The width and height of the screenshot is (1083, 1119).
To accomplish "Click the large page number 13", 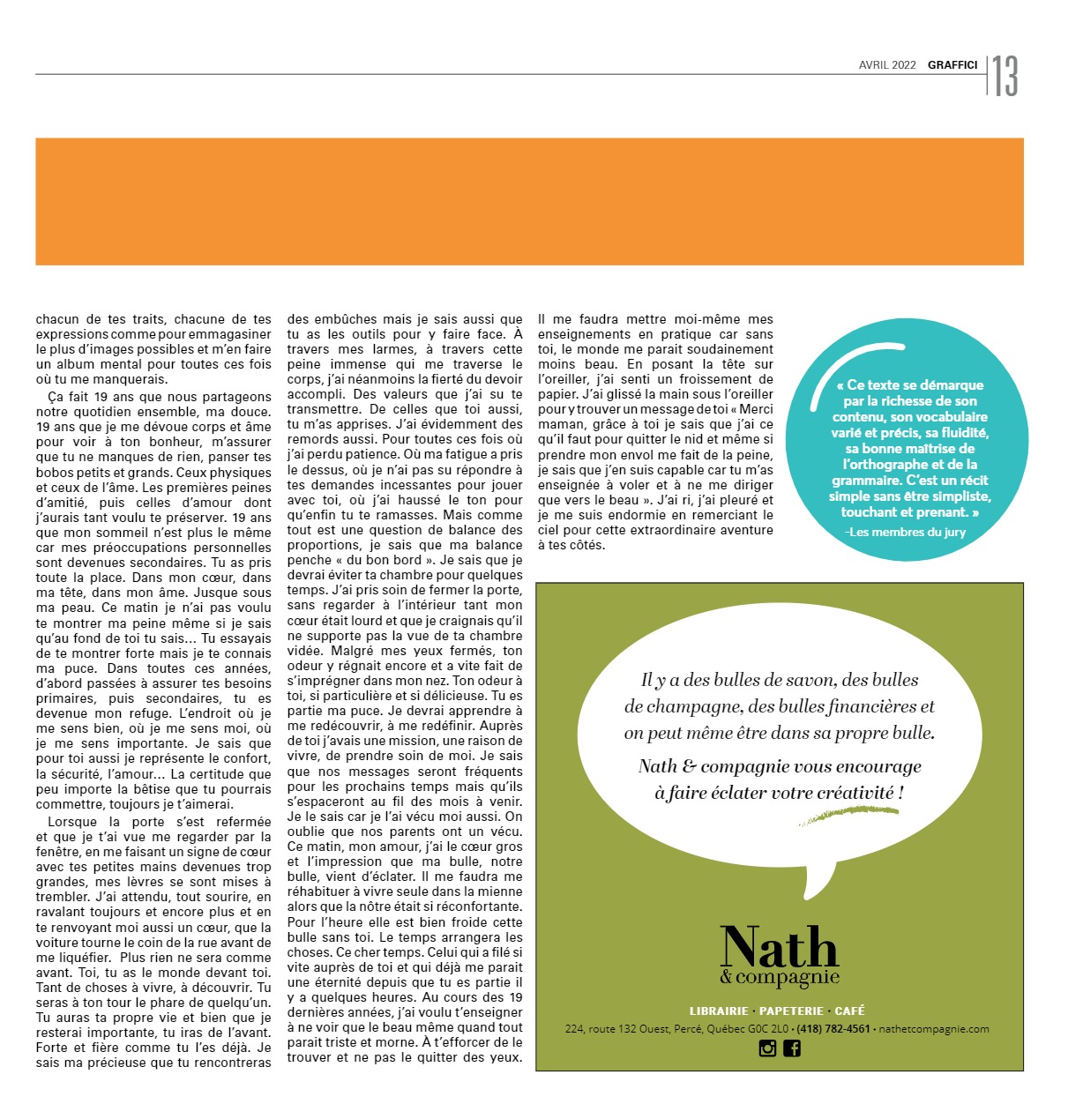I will [1005, 76].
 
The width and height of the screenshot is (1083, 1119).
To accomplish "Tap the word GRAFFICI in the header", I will [952, 65].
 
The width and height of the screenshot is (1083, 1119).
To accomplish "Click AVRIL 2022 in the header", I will [887, 65].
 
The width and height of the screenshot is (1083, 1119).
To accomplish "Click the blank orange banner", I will [529, 201].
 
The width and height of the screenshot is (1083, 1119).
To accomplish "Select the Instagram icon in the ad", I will [767, 1048].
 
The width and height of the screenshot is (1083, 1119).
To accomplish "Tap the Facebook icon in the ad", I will [792, 1048].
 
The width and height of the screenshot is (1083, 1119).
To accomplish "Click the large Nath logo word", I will [779, 948].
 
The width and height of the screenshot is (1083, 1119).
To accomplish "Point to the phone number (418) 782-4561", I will [833, 1029].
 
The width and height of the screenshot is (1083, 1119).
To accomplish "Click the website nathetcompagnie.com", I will [934, 1029].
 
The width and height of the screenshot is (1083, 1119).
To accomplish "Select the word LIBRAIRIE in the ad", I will [719, 1011].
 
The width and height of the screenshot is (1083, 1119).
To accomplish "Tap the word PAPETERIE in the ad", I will [791, 1011].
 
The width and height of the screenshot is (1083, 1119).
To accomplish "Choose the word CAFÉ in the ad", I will [849, 1011].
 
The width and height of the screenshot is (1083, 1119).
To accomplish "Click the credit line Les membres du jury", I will [907, 532].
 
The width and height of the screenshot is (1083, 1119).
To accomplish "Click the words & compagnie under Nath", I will [780, 978].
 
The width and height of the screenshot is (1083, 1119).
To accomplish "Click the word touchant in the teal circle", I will [868, 512].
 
